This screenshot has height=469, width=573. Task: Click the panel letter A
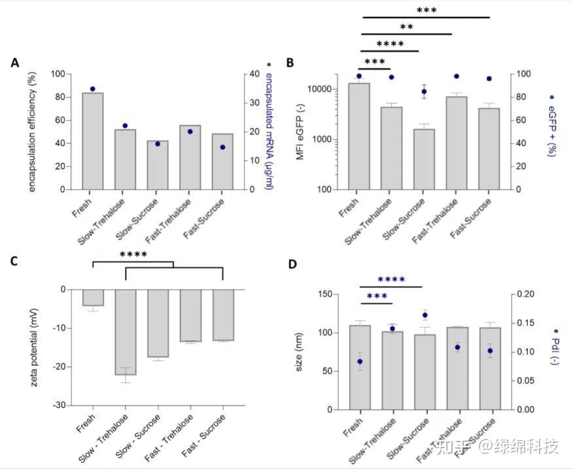pos(14,63)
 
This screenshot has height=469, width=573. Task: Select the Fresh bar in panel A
pos(92,141)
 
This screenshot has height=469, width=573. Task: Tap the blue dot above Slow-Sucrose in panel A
pos(157,143)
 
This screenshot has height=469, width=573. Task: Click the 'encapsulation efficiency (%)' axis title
pos(33,131)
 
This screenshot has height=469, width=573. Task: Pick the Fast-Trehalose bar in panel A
pos(190,157)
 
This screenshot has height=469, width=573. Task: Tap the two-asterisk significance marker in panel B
pos(406,27)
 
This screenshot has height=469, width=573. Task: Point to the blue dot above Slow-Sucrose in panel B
pos(424,92)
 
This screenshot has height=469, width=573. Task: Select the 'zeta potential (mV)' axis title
pos(34,347)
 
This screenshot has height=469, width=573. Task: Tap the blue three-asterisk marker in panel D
pos(377,296)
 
